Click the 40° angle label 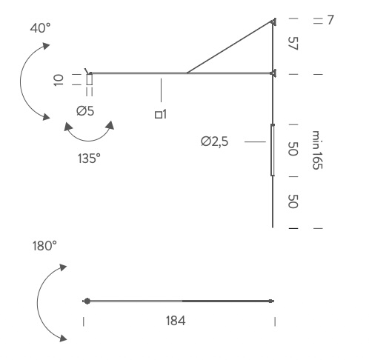(x=40, y=28)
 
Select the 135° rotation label (x=89, y=159)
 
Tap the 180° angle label (x=44, y=246)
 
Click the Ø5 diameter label (x=85, y=111)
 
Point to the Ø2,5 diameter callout (x=215, y=141)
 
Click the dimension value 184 (x=176, y=321)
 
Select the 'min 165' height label (x=317, y=150)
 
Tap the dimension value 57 (x=293, y=44)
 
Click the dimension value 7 (x=330, y=20)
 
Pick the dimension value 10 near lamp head (x=59, y=80)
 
